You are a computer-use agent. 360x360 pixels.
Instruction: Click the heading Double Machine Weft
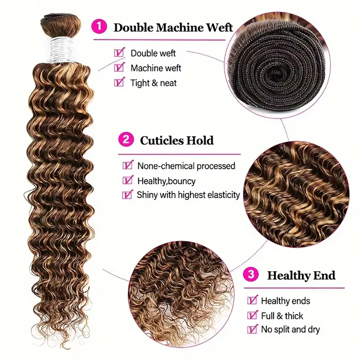(x=173, y=27)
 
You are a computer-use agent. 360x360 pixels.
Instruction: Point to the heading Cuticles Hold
(x=177, y=140)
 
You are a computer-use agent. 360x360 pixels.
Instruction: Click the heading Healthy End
(x=301, y=276)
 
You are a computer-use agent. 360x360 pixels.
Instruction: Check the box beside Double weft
(x=118, y=53)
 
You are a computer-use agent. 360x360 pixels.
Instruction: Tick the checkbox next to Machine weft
(x=118, y=68)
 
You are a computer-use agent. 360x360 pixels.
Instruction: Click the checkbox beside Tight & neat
(x=118, y=83)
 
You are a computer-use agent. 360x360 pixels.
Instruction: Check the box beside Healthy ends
(x=252, y=300)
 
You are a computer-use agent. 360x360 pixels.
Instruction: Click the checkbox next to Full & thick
(x=252, y=315)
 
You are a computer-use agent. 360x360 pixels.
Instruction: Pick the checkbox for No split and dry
(x=252, y=329)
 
